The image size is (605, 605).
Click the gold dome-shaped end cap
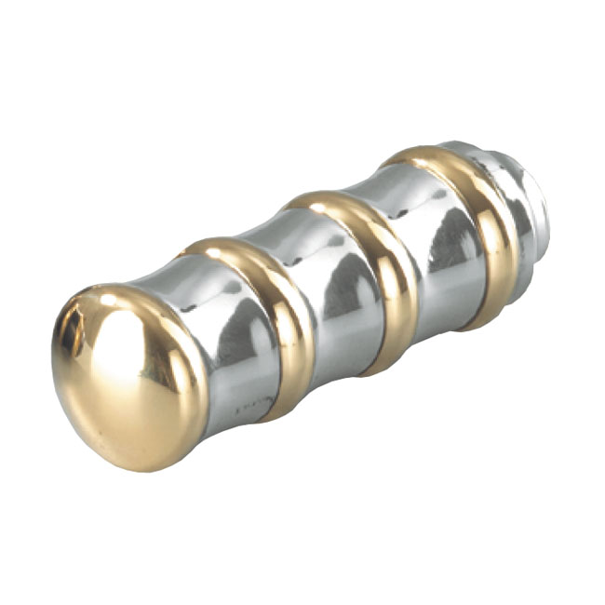tap(126, 377)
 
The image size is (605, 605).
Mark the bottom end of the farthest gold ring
tap(484, 321)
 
